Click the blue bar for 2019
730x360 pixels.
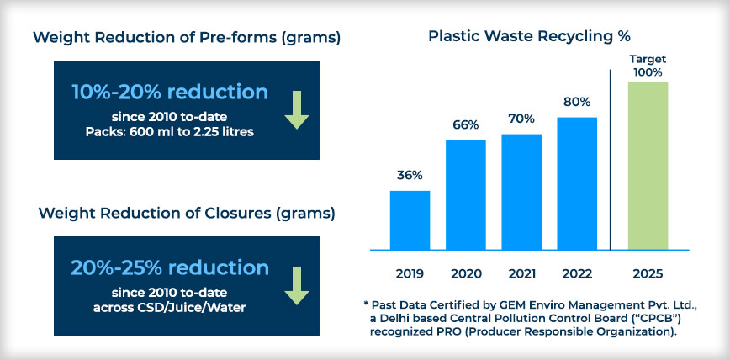pyautogui.click(x=410, y=220)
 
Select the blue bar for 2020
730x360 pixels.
pyautogui.click(x=466, y=195)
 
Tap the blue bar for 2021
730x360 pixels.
pyautogui.click(x=521, y=192)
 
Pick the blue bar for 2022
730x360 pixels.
pyautogui.click(x=577, y=183)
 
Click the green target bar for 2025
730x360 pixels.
pyautogui.click(x=648, y=166)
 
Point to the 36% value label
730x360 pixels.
pyautogui.click(x=410, y=176)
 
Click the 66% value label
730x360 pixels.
pyautogui.click(x=466, y=125)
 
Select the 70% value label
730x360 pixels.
pyautogui.click(x=521, y=119)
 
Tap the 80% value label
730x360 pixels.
pyautogui.click(x=577, y=102)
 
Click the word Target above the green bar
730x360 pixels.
pyautogui.click(x=648, y=60)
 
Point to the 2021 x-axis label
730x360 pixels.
pyautogui.click(x=521, y=273)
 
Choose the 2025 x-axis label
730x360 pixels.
pyautogui.click(x=648, y=273)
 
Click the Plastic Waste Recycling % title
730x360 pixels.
pyautogui.click(x=529, y=36)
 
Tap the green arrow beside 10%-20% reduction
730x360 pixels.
pyautogui.click(x=297, y=110)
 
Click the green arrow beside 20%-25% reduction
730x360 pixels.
pyautogui.click(x=297, y=286)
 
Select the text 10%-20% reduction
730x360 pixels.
pyautogui.click(x=170, y=93)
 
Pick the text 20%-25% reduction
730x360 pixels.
pyautogui.click(x=170, y=267)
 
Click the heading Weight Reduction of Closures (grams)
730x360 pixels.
pyautogui.click(x=186, y=214)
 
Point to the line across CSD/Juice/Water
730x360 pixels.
pyautogui.click(x=169, y=309)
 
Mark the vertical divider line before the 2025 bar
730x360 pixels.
pyautogui.click(x=610, y=160)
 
